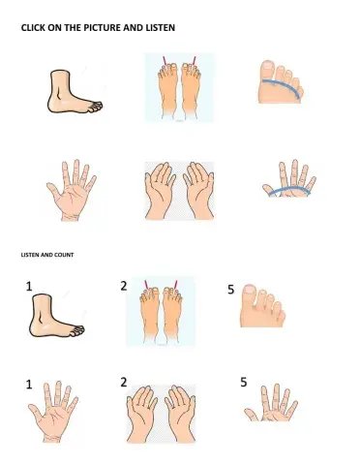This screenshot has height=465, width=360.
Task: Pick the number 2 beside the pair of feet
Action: [124, 286]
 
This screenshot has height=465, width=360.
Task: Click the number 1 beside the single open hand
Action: [29, 385]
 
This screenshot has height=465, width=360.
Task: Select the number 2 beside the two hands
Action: [124, 383]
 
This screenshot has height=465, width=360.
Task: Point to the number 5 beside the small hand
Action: [243, 383]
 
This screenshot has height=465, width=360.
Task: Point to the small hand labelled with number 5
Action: [275, 405]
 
